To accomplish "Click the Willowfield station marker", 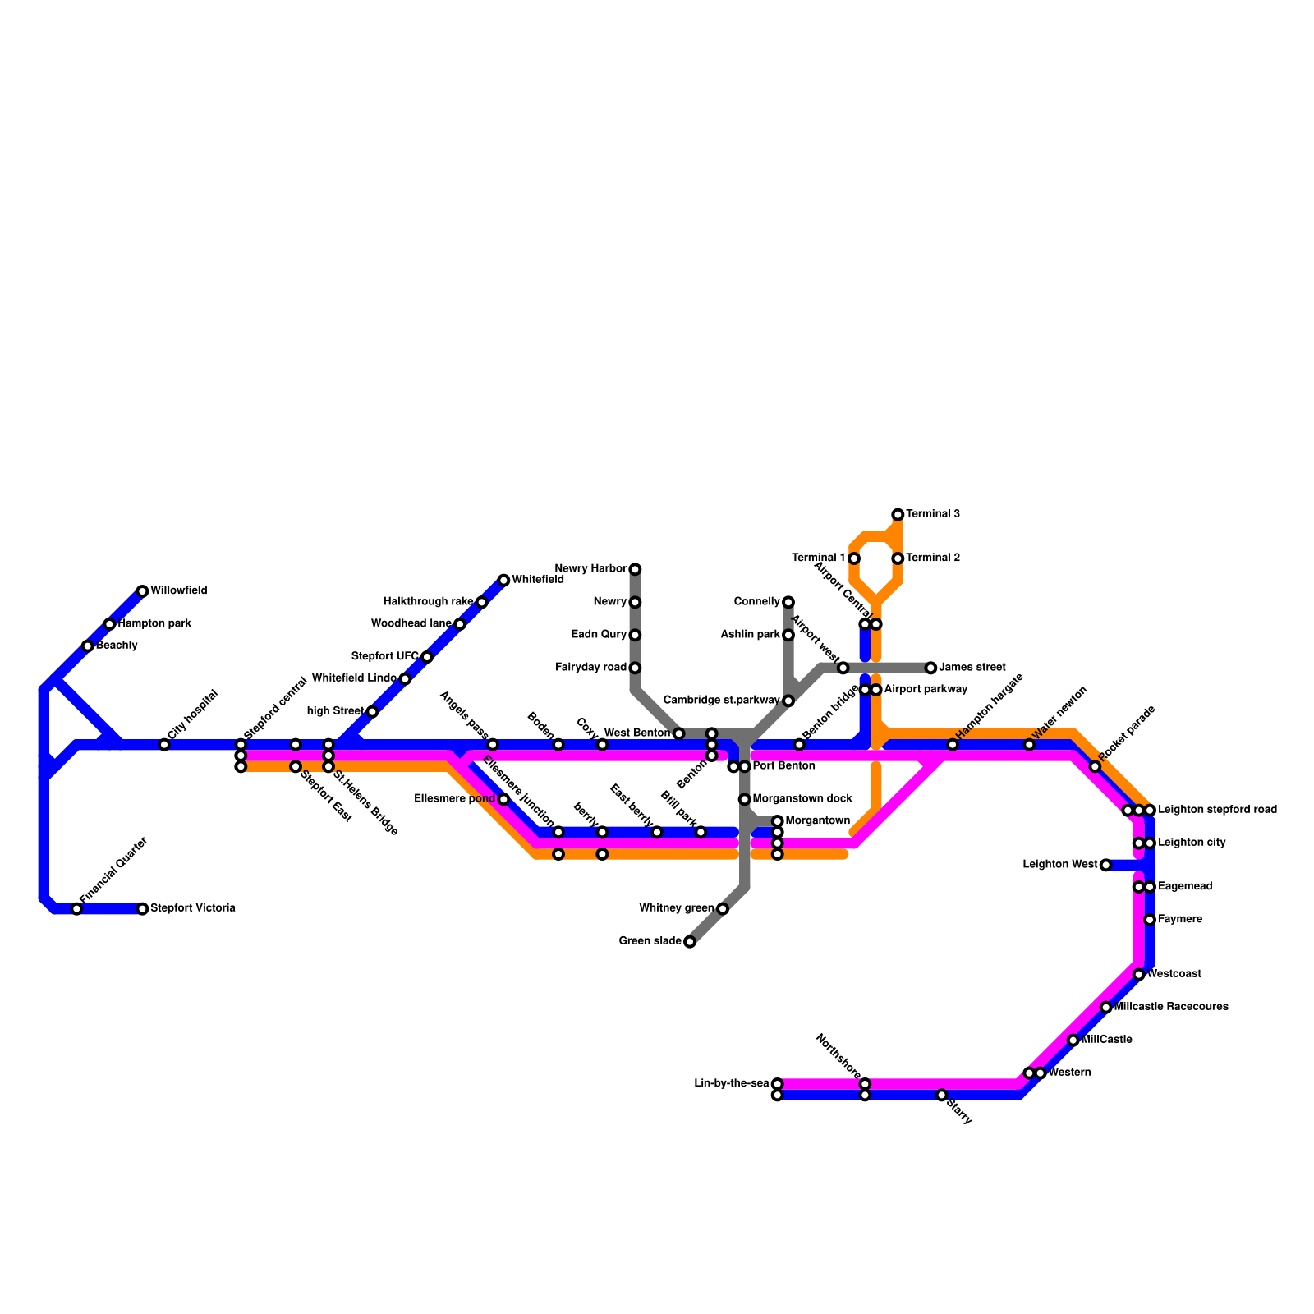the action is click(x=142, y=591).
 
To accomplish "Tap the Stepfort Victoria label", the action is click(x=193, y=909).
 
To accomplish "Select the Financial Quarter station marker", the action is click(x=76, y=909).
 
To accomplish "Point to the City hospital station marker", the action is click(x=164, y=745).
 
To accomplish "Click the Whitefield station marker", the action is click(x=503, y=580).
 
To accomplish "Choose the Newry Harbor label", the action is click(x=590, y=569).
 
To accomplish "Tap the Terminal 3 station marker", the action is click(x=898, y=514).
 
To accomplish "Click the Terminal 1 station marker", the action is click(x=854, y=558).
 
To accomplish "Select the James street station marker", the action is click(x=930, y=668).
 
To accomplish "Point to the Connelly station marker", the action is click(x=788, y=602).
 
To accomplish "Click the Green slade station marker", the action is click(x=690, y=942).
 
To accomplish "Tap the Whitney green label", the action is click(x=676, y=908).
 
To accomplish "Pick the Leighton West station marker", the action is click(x=1105, y=865).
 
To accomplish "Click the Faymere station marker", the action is click(x=1150, y=920).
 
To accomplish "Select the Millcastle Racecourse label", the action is click(x=1171, y=1007).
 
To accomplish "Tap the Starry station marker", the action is click(x=941, y=1096).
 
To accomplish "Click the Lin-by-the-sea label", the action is click(x=731, y=1084).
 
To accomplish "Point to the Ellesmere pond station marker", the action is click(x=503, y=799).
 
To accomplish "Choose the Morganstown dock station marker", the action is click(x=744, y=799).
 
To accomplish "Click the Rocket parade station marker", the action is click(x=1095, y=766).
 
